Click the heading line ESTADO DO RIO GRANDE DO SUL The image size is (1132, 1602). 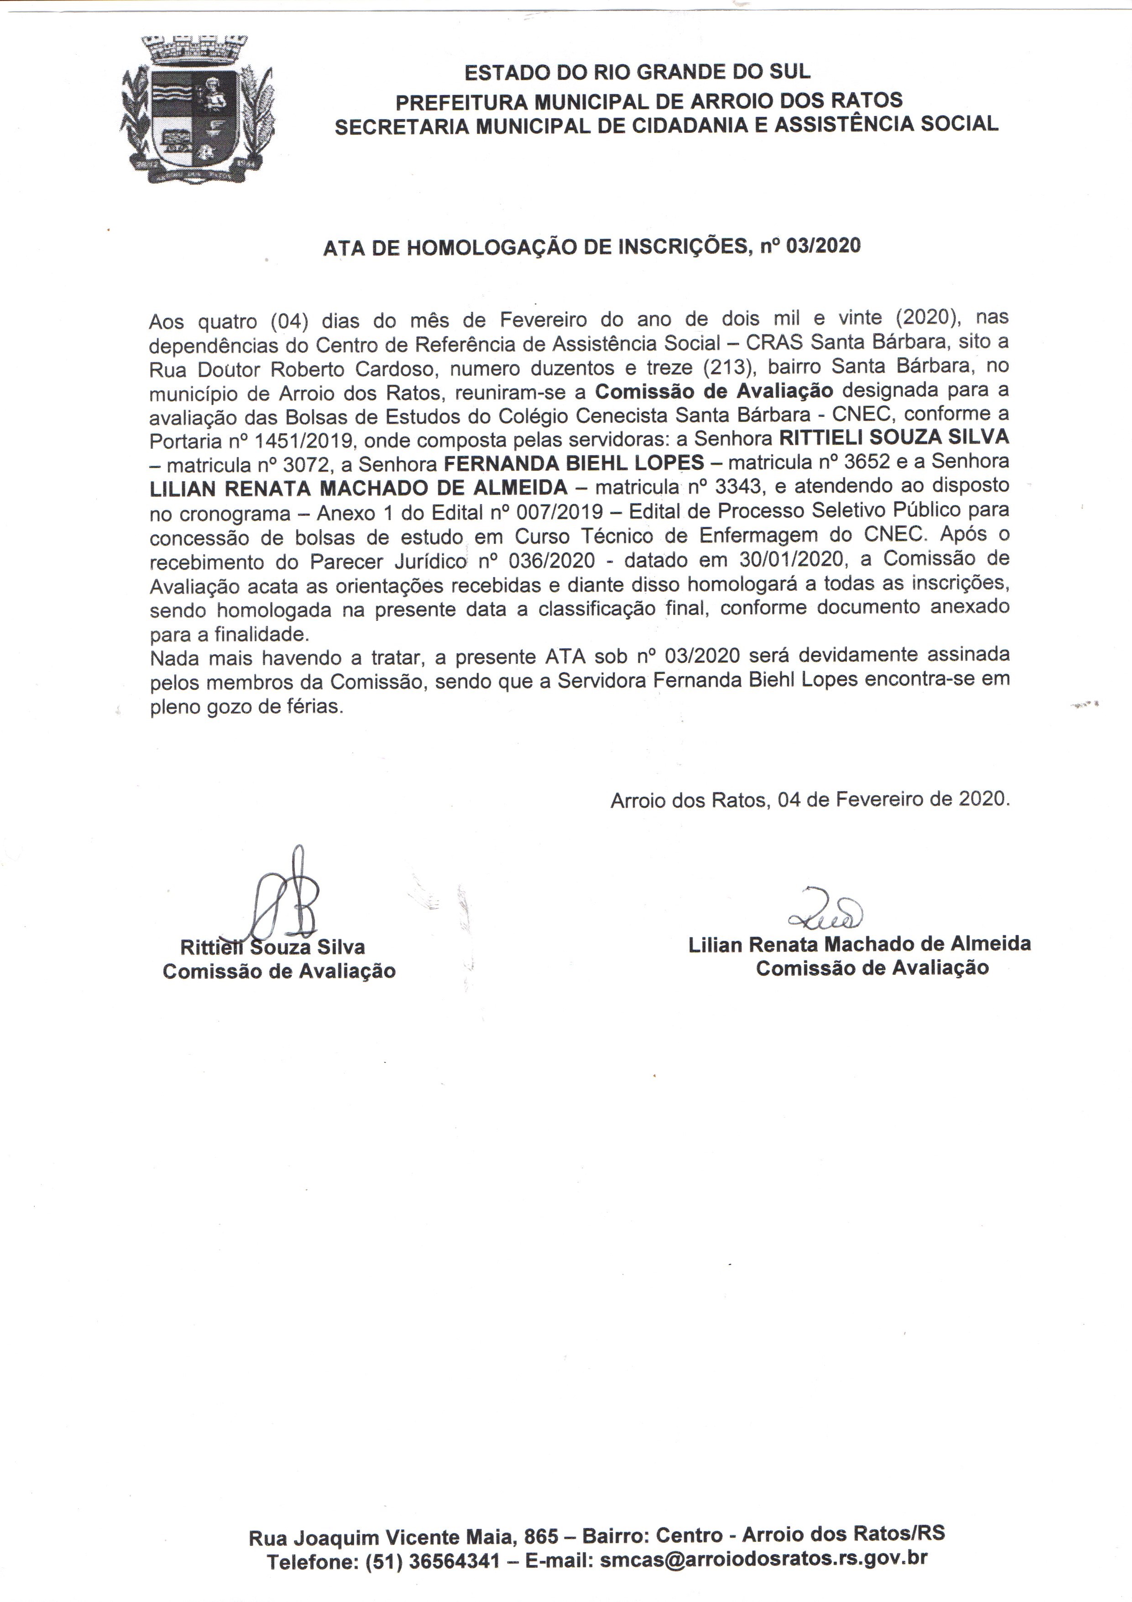click(637, 72)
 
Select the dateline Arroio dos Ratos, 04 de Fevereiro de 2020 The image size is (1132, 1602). click(810, 799)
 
